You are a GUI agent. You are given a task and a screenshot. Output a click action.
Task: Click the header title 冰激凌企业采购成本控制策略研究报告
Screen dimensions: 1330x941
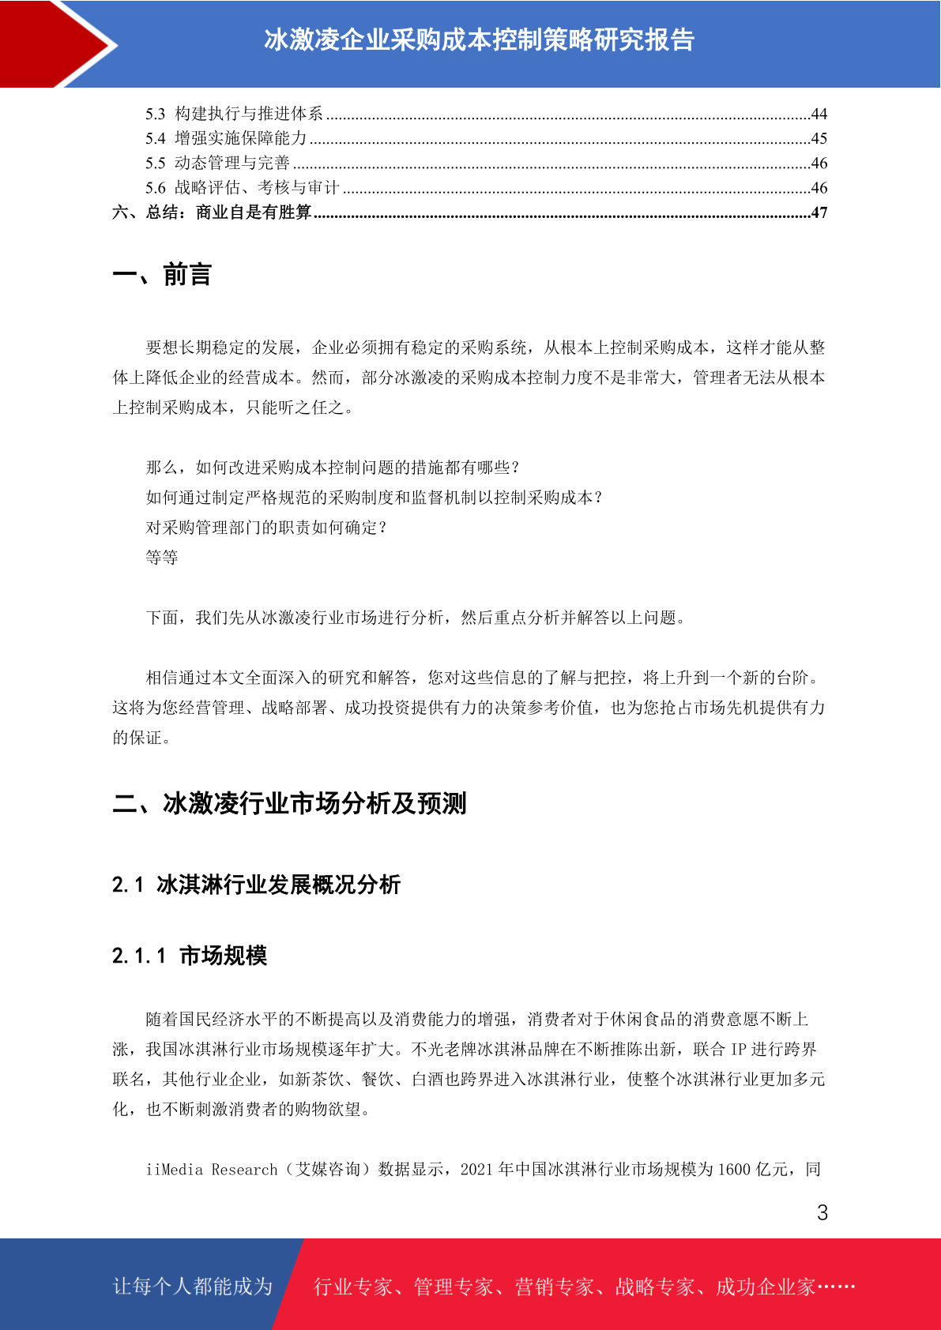(479, 39)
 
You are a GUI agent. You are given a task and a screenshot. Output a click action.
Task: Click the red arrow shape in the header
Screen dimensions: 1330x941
(55, 43)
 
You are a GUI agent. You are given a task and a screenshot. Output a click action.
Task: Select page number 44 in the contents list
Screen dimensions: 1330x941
(819, 114)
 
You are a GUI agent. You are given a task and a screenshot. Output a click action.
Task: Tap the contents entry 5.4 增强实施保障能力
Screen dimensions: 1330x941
(226, 138)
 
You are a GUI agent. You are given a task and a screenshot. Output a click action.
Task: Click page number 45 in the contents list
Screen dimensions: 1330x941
(819, 138)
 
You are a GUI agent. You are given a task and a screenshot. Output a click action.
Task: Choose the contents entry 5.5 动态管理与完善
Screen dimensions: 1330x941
(217, 163)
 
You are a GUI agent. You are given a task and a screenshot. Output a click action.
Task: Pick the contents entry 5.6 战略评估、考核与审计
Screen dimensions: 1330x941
(242, 188)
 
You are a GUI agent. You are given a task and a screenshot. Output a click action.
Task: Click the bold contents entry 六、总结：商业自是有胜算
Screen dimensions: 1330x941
(212, 212)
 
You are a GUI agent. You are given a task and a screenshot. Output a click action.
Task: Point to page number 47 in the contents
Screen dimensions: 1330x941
(819, 212)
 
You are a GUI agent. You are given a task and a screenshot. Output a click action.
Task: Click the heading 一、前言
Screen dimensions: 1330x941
(162, 275)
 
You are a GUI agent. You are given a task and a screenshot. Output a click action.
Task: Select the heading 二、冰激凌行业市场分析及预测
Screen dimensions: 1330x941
(289, 803)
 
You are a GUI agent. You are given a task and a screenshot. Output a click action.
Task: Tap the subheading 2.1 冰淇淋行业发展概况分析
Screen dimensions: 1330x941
(256, 885)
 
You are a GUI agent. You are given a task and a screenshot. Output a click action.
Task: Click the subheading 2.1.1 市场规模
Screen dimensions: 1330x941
(190, 956)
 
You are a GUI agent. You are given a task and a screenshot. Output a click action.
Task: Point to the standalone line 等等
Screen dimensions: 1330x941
(162, 558)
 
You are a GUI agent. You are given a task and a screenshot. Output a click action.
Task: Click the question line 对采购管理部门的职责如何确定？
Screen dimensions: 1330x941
(267, 528)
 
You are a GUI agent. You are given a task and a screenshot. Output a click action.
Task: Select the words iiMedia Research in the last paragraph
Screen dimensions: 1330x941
(212, 1169)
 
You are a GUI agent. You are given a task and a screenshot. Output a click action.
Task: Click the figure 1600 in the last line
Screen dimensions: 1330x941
(733, 1169)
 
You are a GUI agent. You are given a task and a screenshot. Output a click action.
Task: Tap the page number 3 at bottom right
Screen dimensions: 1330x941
(822, 1213)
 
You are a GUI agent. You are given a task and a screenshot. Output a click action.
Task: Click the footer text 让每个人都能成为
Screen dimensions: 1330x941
(193, 1287)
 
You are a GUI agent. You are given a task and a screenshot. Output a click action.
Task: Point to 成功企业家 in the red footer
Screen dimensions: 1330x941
(765, 1287)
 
